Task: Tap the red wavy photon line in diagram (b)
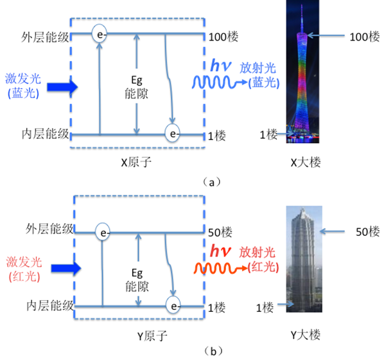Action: [215, 266]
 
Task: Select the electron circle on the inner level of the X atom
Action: [173, 134]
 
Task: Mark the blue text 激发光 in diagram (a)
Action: [22, 78]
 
